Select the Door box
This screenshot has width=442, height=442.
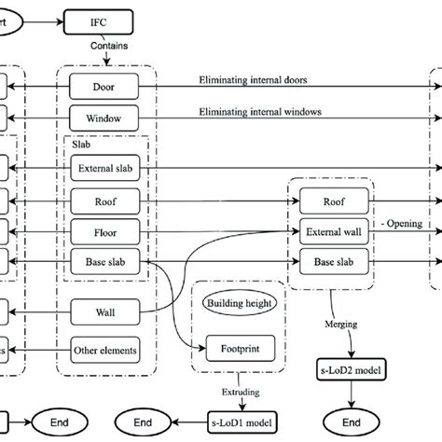click(104, 87)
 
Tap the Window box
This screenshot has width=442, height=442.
click(104, 118)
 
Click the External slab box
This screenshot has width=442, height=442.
click(104, 169)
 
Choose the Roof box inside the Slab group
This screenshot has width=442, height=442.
click(104, 200)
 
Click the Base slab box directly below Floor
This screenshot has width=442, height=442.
click(104, 262)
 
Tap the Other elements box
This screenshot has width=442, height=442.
click(104, 351)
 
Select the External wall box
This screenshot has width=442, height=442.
click(333, 230)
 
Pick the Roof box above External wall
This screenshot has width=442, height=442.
click(333, 200)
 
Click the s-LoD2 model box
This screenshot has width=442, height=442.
click(351, 373)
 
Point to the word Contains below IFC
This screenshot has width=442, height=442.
click(109, 45)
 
